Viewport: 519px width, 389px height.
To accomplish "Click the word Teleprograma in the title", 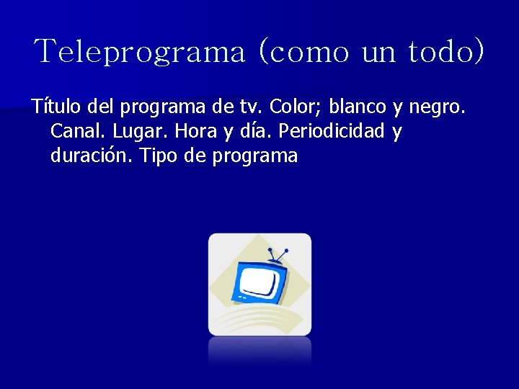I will (141, 52).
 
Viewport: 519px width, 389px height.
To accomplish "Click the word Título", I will (56, 107).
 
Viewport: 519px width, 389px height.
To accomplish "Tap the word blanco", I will (358, 107).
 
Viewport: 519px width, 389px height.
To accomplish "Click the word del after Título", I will (101, 107).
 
